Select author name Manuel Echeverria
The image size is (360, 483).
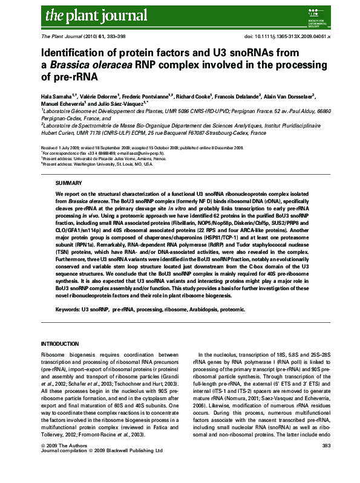61,103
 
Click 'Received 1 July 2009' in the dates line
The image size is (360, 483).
62,148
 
